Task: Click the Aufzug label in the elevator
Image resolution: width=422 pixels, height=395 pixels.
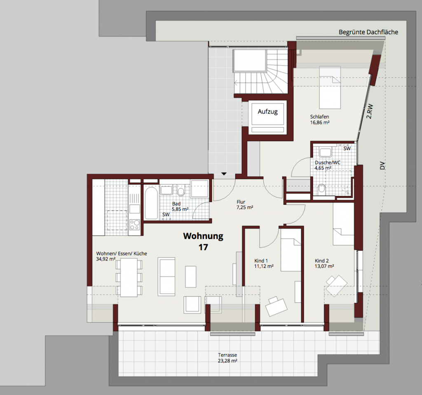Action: pos(267,111)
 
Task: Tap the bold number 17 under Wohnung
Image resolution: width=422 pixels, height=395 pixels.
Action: pos(203,247)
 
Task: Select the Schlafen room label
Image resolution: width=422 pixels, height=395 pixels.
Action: pos(319,117)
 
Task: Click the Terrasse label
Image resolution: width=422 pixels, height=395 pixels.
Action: pos(227,355)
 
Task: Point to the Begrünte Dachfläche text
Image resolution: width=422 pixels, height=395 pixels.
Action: pos(368,32)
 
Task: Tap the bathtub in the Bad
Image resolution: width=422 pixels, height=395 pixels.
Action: pos(151,203)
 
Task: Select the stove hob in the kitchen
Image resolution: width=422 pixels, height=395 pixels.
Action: pos(135,225)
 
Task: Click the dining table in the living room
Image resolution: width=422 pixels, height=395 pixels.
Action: pos(129,277)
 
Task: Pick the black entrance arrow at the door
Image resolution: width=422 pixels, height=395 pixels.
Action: pos(224,174)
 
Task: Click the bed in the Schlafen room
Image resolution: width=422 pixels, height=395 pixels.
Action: pos(330,87)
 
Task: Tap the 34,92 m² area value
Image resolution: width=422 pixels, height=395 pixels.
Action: pos(106,259)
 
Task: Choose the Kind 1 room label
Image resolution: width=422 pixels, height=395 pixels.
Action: pos(261,261)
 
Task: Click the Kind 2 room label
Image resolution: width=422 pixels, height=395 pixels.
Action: pos(321,261)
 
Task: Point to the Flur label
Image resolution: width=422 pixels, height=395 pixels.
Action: pos(241,202)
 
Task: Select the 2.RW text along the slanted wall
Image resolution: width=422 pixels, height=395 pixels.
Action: pos(370,111)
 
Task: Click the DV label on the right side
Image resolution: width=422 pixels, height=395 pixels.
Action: pos(382,166)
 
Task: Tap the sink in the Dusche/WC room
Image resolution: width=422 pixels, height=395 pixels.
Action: pos(326,152)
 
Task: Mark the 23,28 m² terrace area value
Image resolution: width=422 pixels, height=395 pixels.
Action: pos(227,361)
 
